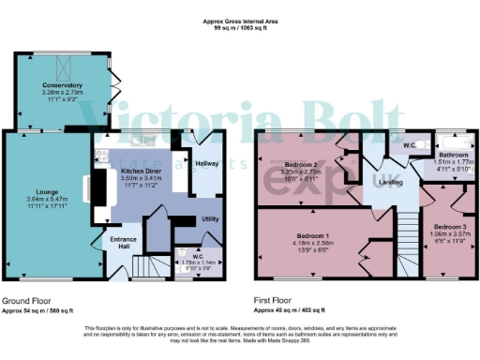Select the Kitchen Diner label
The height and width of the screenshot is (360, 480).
[x=142, y=172]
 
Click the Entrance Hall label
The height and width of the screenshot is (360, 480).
[x=124, y=242]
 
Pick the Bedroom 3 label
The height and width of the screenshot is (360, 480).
[x=450, y=227]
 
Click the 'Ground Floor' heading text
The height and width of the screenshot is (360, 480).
[x=27, y=301]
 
